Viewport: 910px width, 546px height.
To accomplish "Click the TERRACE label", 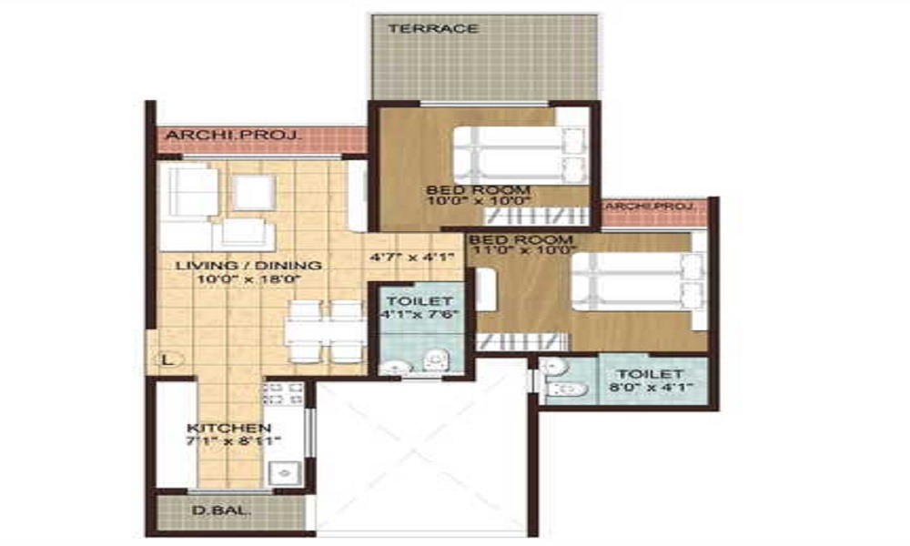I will click(433, 28).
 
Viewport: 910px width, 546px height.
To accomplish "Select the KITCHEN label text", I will click(228, 428).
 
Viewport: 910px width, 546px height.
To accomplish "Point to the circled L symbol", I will click(167, 359).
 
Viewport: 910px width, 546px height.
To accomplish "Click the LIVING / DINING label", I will click(248, 265).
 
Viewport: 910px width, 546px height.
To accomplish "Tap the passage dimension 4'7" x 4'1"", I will click(409, 257).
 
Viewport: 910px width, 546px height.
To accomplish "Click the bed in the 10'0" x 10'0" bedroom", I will click(519, 155).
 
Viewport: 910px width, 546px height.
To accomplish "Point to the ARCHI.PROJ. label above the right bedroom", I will click(655, 207).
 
